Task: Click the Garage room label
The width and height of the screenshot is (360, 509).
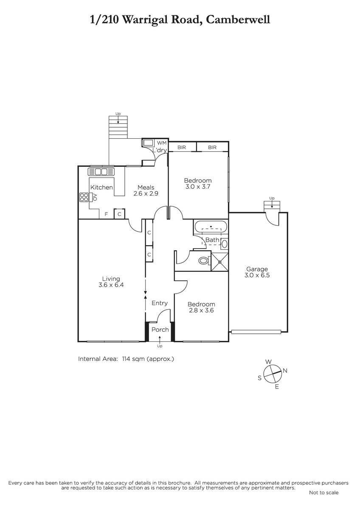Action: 257,269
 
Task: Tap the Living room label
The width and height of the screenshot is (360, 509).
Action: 111,279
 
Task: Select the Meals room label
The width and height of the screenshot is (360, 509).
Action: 146,187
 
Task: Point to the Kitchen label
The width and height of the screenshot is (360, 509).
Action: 101,187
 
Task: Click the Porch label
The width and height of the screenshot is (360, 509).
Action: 160,330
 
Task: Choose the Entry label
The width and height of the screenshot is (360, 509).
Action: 160,303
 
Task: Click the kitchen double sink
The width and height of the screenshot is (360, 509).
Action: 101,172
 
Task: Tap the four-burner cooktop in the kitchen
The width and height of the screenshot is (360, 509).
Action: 84,197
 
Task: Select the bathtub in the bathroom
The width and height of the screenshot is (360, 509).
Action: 211,227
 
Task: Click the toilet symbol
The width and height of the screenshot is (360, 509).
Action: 204,260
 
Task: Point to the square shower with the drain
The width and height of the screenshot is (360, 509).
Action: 219,262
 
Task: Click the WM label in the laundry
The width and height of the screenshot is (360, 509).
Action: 162,143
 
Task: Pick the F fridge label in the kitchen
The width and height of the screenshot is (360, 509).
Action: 106,214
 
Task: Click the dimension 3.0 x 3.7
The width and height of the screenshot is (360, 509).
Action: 198,187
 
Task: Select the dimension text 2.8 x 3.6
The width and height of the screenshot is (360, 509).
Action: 201,310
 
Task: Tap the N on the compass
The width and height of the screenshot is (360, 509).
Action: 285,371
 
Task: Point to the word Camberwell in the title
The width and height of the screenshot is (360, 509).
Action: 238,20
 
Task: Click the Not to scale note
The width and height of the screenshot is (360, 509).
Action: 323,492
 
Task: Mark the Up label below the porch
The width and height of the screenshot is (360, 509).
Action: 160,346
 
